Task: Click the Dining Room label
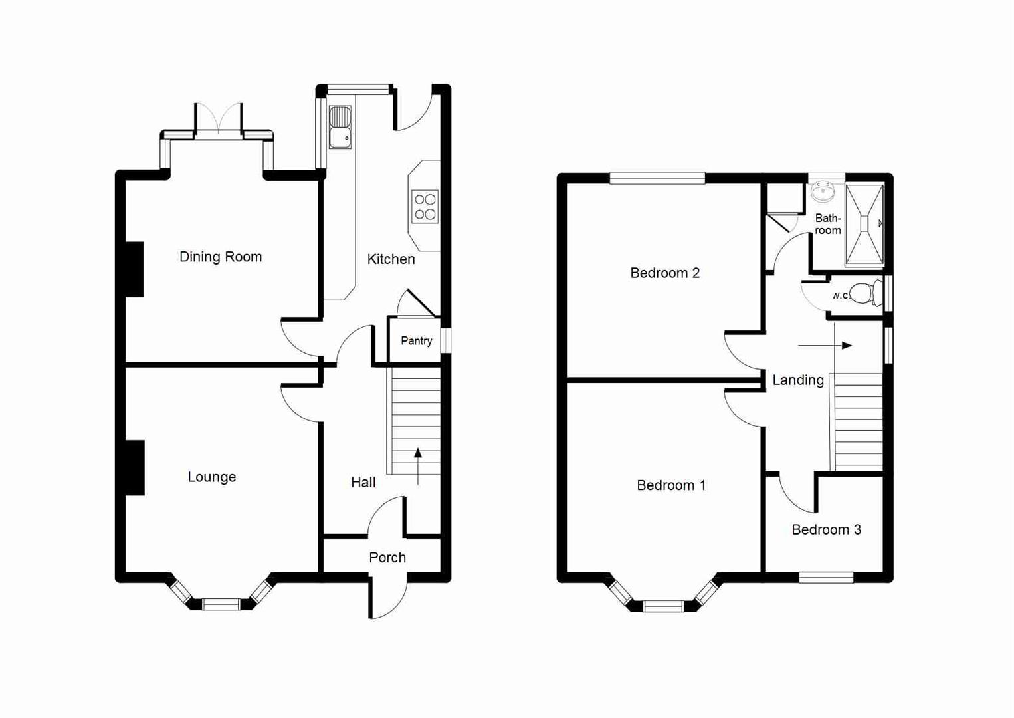[221, 257]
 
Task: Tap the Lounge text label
[211, 477]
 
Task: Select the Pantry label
[416, 340]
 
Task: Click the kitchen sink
[340, 127]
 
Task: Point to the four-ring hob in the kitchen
[425, 207]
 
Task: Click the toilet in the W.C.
[863, 293]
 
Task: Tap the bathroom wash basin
[823, 192]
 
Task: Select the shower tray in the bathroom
[864, 224]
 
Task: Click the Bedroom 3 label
[826, 529]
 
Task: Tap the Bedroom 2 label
[664, 273]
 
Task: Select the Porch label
[387, 557]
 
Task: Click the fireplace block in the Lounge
[135, 467]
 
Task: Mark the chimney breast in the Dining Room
[135, 269]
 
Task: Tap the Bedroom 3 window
[826, 577]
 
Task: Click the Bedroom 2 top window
[657, 178]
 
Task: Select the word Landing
[798, 380]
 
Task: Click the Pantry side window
[446, 340]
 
